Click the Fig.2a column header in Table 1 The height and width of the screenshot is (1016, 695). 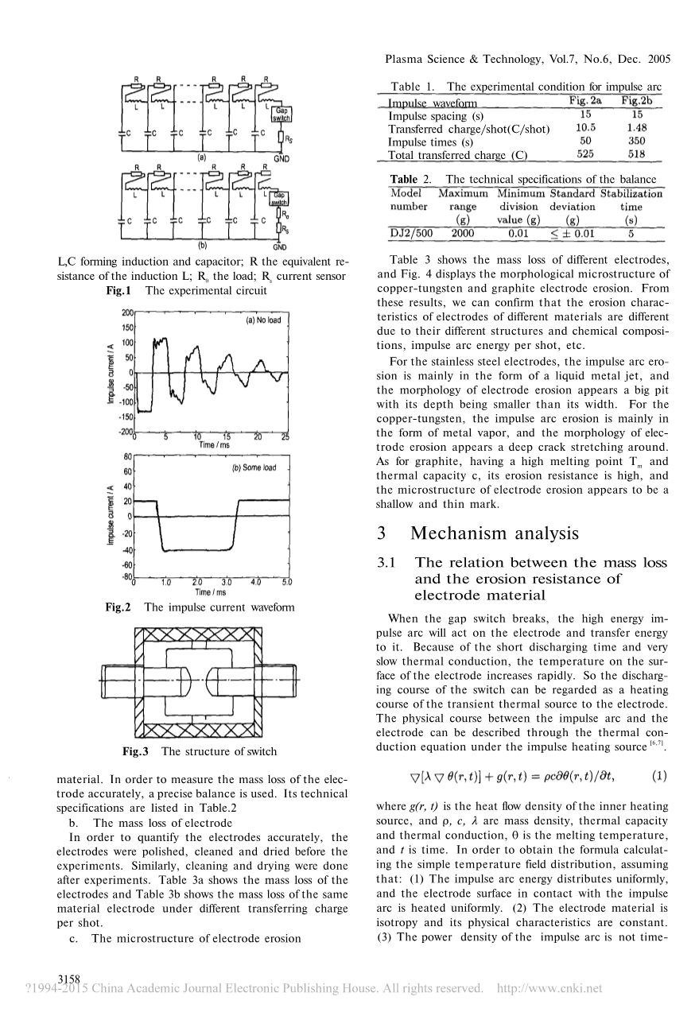585,101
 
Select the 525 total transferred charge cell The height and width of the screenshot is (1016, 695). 585,154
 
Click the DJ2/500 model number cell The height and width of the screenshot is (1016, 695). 410,233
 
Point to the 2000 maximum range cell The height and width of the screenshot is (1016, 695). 461,233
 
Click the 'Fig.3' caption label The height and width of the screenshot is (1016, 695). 136,751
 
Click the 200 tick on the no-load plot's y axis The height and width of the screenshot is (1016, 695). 126,313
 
